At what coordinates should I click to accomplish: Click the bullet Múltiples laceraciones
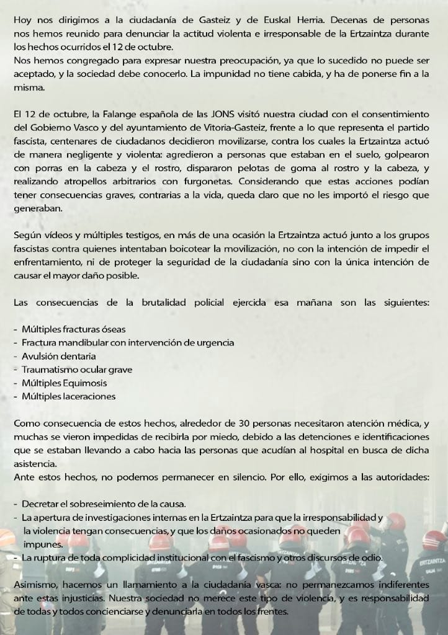point(68,396)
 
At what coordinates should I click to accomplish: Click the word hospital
point(315,451)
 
